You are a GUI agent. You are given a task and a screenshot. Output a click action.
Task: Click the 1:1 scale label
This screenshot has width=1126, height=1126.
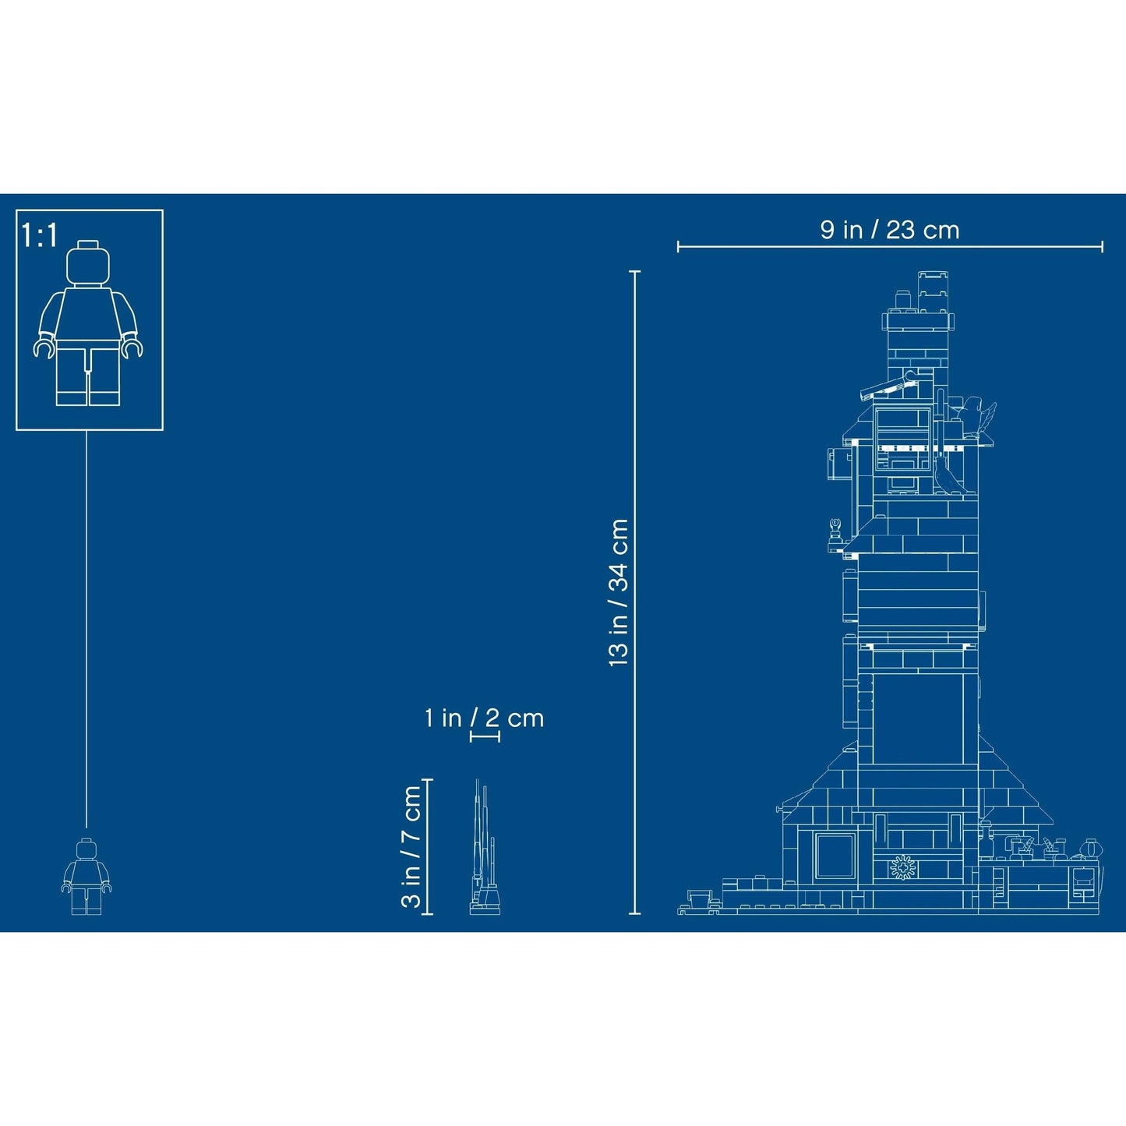tap(39, 235)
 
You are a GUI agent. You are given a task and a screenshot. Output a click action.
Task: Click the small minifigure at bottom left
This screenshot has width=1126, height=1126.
tap(86, 876)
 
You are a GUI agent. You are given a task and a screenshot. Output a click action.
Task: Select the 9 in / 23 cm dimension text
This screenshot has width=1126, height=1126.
tap(889, 230)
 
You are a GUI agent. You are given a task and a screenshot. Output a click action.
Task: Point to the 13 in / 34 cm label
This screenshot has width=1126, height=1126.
tap(618, 592)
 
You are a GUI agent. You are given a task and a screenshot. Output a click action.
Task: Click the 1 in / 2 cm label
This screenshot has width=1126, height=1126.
tap(485, 718)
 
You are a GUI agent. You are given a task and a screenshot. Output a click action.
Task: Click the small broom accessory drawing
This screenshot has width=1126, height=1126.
tap(485, 847)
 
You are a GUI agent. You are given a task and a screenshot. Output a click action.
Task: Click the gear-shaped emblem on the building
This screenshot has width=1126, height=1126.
tap(903, 868)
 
